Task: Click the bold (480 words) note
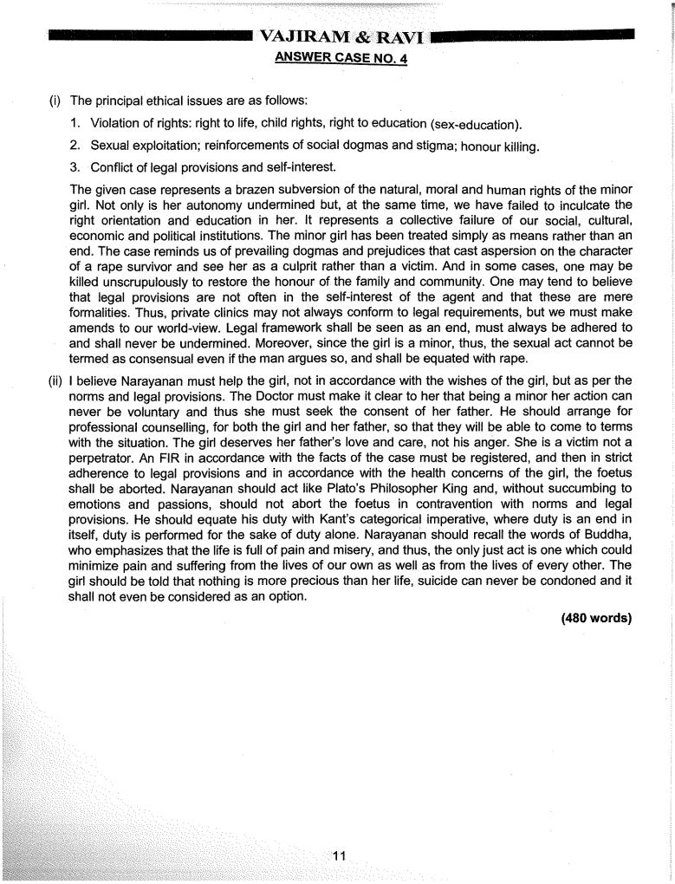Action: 596,618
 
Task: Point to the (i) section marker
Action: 55,101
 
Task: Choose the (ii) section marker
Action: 56,380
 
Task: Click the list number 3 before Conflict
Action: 76,166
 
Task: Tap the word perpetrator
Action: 96,457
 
